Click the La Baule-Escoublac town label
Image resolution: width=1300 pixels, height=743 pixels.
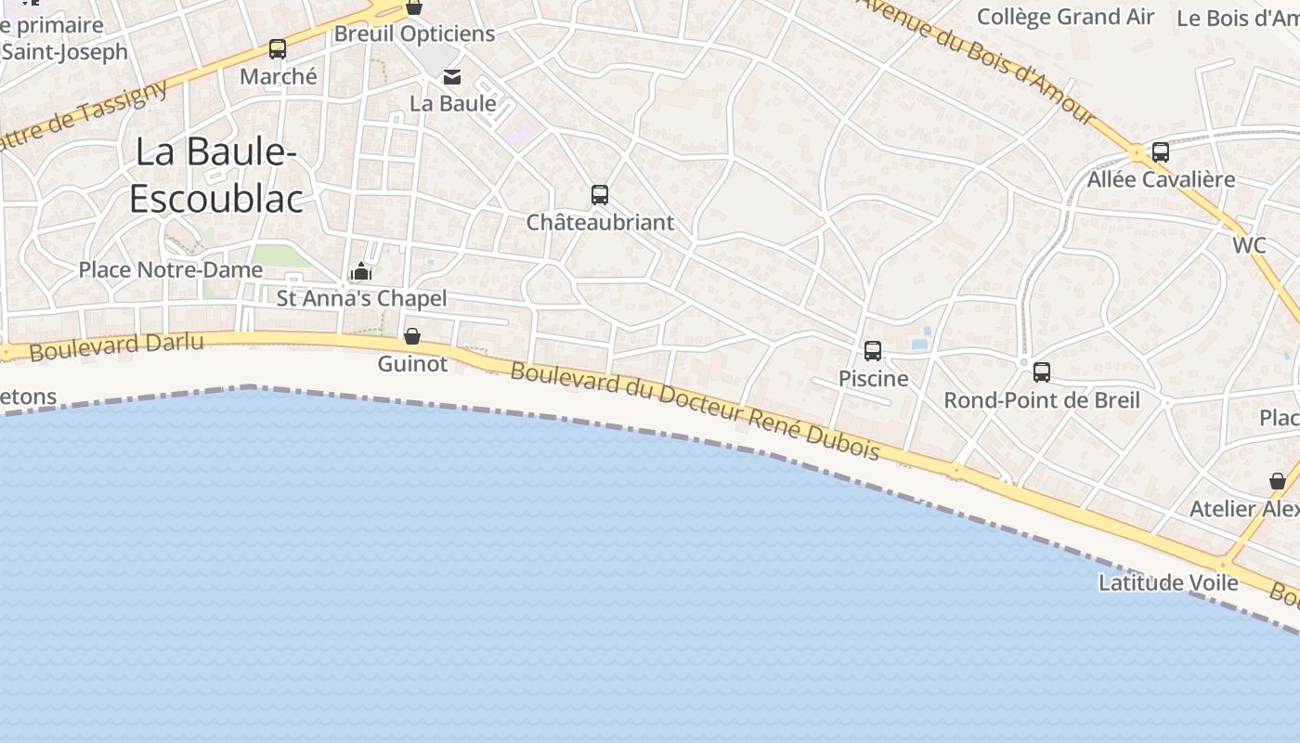click(x=216, y=176)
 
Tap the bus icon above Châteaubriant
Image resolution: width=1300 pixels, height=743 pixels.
click(x=600, y=195)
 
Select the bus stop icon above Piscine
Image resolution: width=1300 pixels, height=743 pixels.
click(x=873, y=351)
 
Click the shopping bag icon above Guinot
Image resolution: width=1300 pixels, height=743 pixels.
click(x=412, y=336)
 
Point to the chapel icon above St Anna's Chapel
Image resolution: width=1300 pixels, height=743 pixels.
click(x=361, y=271)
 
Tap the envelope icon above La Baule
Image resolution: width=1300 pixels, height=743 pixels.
click(x=452, y=76)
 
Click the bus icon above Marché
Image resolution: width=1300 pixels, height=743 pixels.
click(x=278, y=49)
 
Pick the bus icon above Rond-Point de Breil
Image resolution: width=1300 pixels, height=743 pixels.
click(x=1042, y=372)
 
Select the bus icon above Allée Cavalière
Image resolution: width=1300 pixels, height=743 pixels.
click(x=1161, y=152)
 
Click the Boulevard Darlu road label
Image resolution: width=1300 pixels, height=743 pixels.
click(x=116, y=346)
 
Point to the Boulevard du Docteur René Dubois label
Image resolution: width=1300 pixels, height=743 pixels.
click(x=695, y=410)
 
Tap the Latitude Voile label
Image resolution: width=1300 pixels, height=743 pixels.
click(x=1168, y=582)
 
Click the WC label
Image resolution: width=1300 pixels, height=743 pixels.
click(x=1249, y=245)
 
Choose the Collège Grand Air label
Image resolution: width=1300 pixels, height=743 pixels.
click(x=1066, y=17)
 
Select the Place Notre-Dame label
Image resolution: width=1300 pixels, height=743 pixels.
click(x=171, y=270)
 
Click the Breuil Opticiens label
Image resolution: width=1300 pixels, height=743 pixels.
click(x=414, y=33)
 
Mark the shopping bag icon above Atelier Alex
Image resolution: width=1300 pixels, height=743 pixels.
click(x=1278, y=481)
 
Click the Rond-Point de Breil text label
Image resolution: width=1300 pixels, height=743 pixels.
click(x=1042, y=400)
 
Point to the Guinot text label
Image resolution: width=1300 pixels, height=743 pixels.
click(x=412, y=364)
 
